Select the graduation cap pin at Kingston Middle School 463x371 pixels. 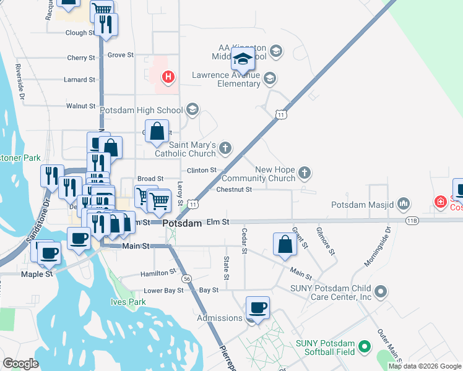tap(243, 60)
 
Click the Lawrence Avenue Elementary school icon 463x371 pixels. tap(269, 79)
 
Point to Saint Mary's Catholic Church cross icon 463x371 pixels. tap(225, 147)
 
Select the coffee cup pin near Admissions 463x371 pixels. tap(257, 307)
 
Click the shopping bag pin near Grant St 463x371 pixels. tap(285, 244)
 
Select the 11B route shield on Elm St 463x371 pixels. tap(412, 220)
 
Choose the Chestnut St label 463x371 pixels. tap(234, 189)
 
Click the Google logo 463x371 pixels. tap(20, 364)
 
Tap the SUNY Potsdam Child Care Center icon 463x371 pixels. tap(381, 291)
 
